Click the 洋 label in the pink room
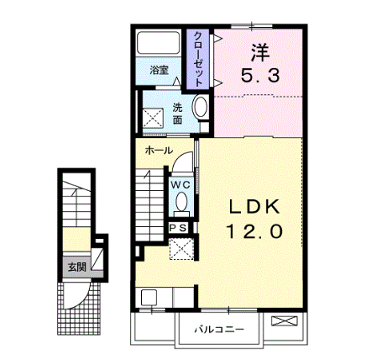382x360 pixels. [260, 52]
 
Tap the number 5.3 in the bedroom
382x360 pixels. [260, 77]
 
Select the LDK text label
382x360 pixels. [254, 207]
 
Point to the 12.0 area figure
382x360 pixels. [255, 231]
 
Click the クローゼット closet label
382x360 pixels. [198, 59]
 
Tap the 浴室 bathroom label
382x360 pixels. [159, 70]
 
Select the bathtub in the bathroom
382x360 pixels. [158, 42]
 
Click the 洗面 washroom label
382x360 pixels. [177, 114]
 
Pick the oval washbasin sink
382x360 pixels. [200, 106]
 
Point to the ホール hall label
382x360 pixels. [159, 151]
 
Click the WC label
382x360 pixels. [181, 185]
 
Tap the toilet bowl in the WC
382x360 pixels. [181, 202]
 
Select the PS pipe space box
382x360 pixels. [179, 228]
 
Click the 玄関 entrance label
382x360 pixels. [77, 267]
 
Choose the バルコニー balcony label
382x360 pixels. [220, 330]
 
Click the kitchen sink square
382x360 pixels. [149, 297]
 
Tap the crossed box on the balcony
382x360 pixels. [283, 321]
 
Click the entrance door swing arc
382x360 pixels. [80, 296]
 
